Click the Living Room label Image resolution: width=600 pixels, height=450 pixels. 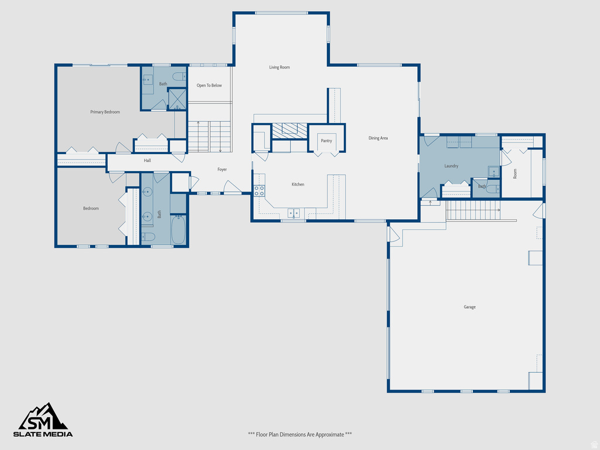click(279, 67)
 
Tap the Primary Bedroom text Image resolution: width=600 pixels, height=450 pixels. click(105, 112)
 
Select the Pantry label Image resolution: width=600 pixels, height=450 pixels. click(326, 141)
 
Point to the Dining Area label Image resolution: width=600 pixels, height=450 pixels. click(378, 138)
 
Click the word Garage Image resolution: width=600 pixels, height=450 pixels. click(469, 307)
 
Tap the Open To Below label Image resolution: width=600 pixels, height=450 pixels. click(209, 86)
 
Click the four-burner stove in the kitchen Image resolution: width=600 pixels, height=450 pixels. click(259, 190)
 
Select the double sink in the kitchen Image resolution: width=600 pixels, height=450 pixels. click(294, 213)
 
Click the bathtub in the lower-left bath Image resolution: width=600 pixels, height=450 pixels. click(178, 230)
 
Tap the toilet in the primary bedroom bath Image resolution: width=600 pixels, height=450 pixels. click(179, 77)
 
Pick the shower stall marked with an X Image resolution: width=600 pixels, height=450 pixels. click(178, 98)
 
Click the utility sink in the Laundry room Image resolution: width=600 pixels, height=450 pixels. click(494, 172)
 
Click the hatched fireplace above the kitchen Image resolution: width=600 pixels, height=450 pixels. click(289, 129)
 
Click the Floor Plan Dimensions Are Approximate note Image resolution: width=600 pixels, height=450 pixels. click(300, 434)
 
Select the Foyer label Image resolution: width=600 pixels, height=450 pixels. click(222, 170)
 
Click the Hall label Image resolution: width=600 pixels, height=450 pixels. click(148, 161)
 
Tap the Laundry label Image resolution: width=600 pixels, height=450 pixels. click(451, 166)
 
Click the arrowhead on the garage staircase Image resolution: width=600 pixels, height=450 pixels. click(499, 209)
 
